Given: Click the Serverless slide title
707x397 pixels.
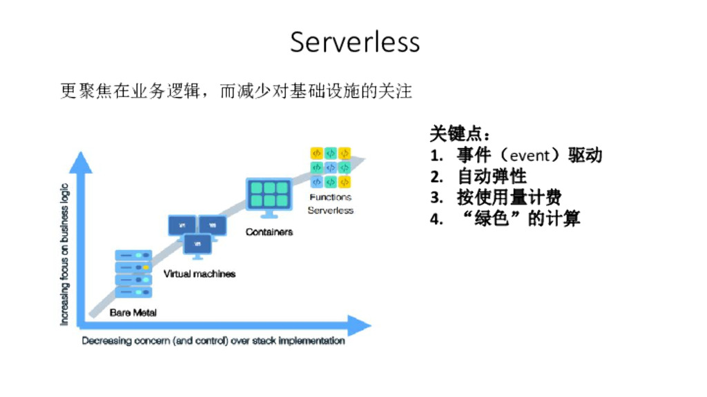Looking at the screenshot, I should pyautogui.click(x=354, y=42).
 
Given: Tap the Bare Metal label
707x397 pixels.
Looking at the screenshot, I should pyautogui.click(x=133, y=313).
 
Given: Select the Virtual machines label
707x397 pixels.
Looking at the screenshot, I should pyautogui.click(x=200, y=274).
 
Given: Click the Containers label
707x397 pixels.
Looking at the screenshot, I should pyautogui.click(x=269, y=232).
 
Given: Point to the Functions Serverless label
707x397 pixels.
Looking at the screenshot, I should pyautogui.click(x=331, y=204).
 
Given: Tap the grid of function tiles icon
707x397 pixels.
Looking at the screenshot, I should pyautogui.click(x=331, y=167).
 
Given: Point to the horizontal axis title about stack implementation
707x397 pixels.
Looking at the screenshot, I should pyautogui.click(x=213, y=341).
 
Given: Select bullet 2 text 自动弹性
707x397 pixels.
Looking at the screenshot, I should pyautogui.click(x=492, y=176).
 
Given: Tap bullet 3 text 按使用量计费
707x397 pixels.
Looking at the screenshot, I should pyautogui.click(x=509, y=198).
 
